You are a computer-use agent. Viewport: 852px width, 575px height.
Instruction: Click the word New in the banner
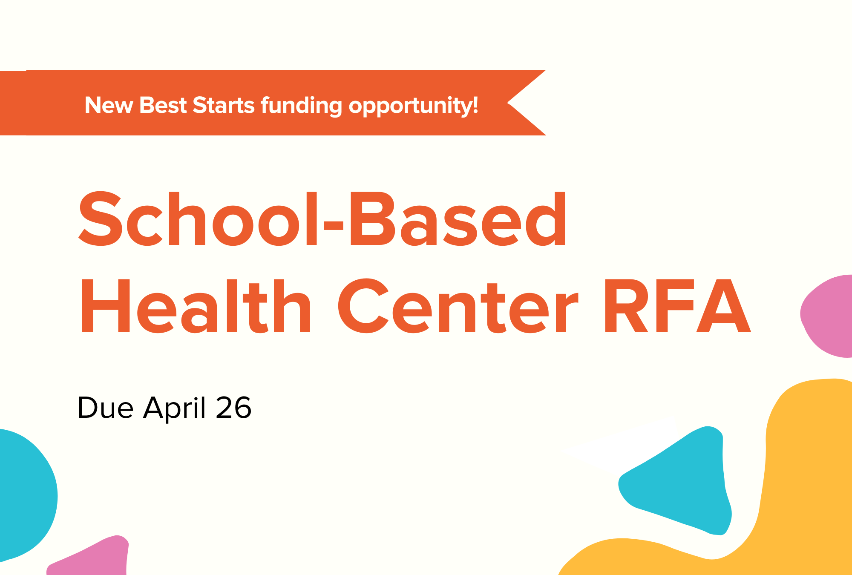click(x=109, y=105)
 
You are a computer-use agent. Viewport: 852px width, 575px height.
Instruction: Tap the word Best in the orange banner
click(x=163, y=105)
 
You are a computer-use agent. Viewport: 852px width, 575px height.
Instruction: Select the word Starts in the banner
click(x=224, y=105)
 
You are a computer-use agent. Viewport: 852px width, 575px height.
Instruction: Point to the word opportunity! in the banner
click(x=413, y=106)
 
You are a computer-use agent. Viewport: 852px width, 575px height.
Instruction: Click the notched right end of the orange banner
click(x=508, y=103)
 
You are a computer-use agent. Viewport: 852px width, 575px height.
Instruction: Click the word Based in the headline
click(x=458, y=219)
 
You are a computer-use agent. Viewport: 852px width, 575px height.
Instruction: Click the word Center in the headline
click(x=458, y=306)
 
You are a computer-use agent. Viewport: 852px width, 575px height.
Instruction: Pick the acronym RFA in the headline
click(x=677, y=306)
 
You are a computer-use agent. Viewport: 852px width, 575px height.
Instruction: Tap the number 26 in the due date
click(x=233, y=408)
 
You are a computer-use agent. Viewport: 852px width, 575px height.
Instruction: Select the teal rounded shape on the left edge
click(x=26, y=494)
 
